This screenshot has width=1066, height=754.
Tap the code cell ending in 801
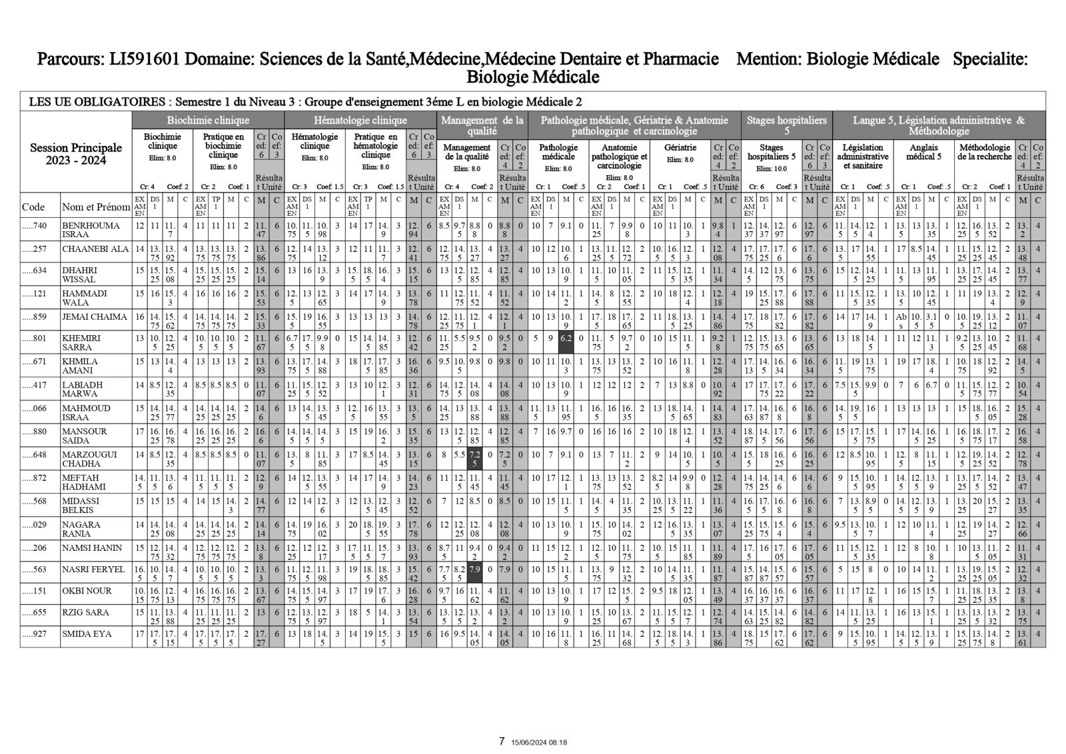pyautogui.click(x=34, y=338)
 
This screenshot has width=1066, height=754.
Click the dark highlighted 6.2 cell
pyautogui.click(x=566, y=338)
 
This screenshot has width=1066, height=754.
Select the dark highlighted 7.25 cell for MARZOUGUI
pyautogui.click(x=474, y=458)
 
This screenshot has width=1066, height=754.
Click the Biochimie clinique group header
pyautogui.click(x=208, y=121)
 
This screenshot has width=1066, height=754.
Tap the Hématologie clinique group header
pyautogui.click(x=360, y=121)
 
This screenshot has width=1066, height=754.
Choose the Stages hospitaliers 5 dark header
pyautogui.click(x=786, y=125)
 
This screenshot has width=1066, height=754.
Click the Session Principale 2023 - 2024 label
pyautogui.click(x=76, y=154)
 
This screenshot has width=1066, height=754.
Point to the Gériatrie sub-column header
pyautogui.click(x=680, y=148)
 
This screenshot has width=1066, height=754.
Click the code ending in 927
pyautogui.click(x=34, y=635)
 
